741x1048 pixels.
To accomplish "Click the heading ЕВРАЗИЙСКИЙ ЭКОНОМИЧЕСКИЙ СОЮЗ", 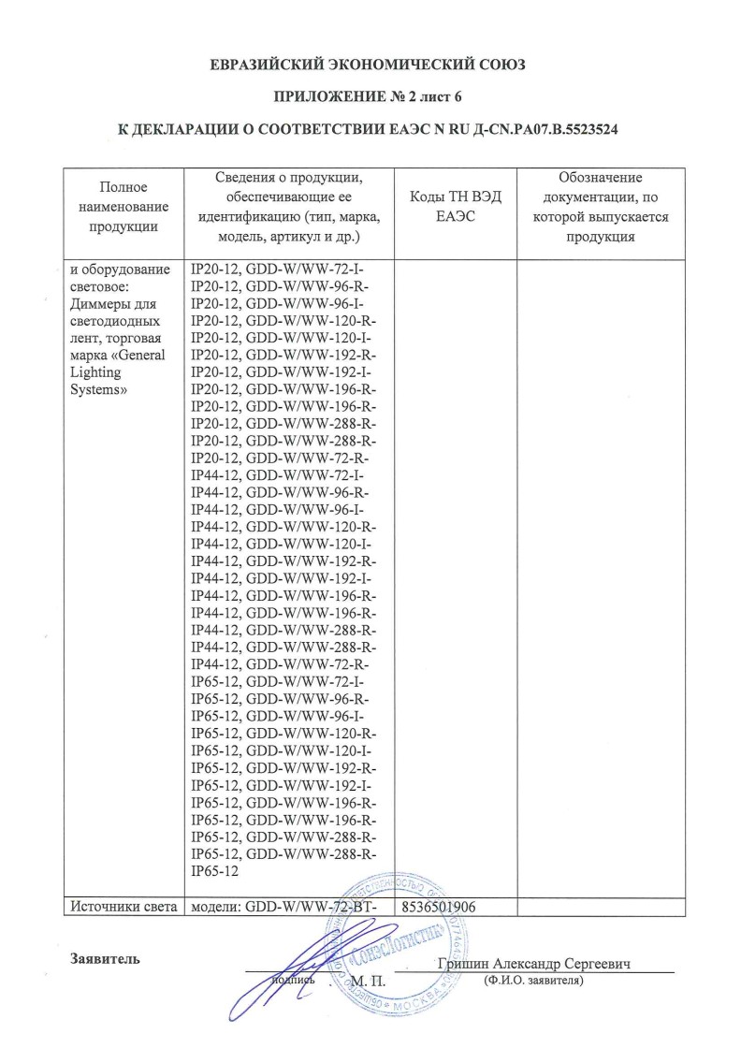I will tap(370, 65).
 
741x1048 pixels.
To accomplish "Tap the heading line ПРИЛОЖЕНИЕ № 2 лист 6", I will tap(370, 96).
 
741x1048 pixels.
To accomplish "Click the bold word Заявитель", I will tap(104, 959).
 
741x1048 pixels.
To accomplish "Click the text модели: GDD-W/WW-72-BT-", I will tap(284, 907).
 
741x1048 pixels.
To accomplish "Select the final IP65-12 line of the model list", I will tap(215, 872).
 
